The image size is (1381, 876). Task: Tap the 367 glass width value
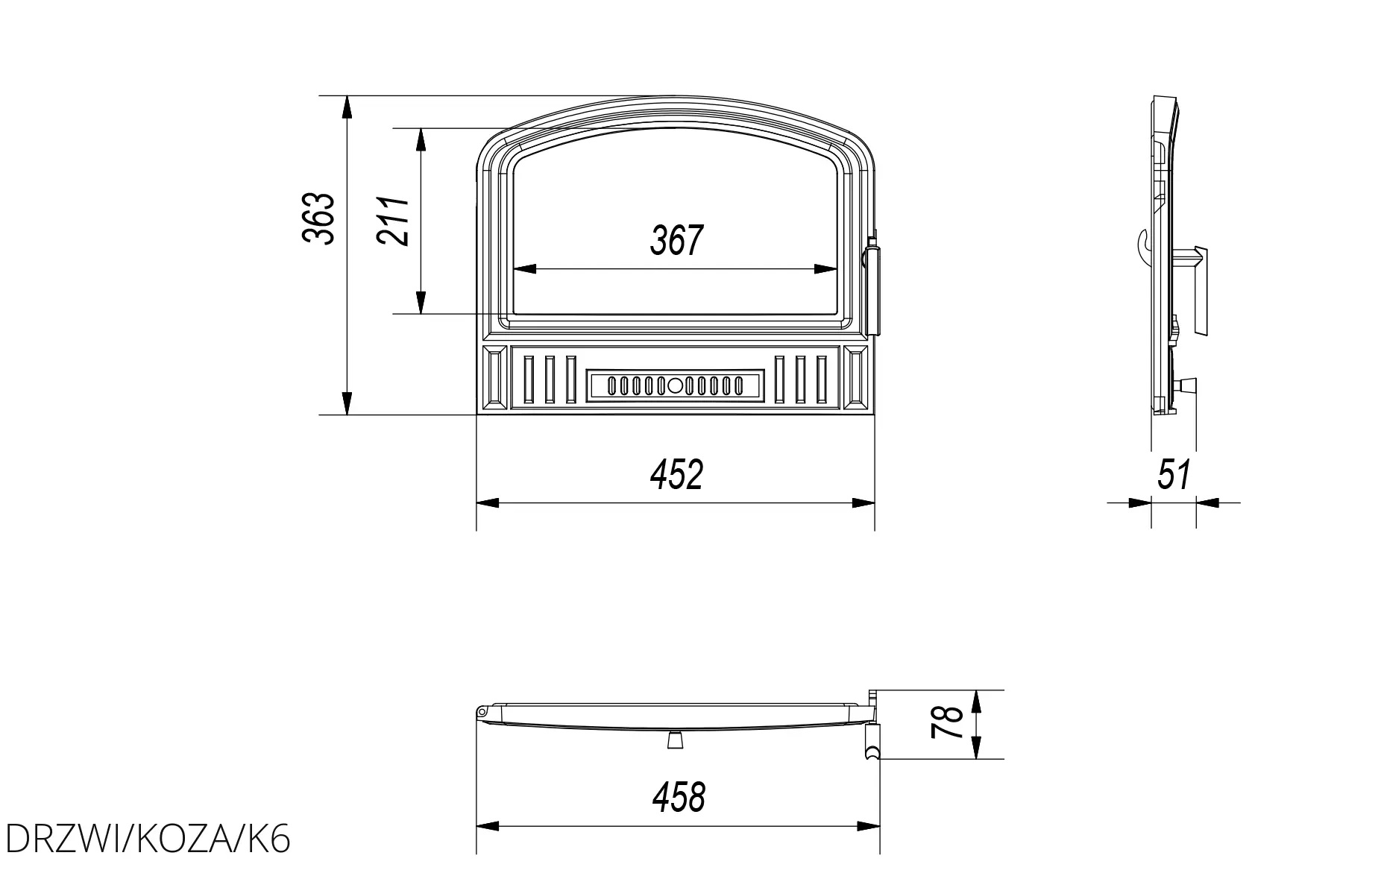tap(676, 240)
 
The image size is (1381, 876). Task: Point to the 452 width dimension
tap(676, 475)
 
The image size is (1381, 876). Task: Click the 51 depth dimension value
tap(1174, 475)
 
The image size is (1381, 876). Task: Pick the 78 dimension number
tap(949, 722)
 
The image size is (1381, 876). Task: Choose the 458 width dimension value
tap(679, 797)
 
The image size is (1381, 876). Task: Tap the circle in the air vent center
tap(675, 385)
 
